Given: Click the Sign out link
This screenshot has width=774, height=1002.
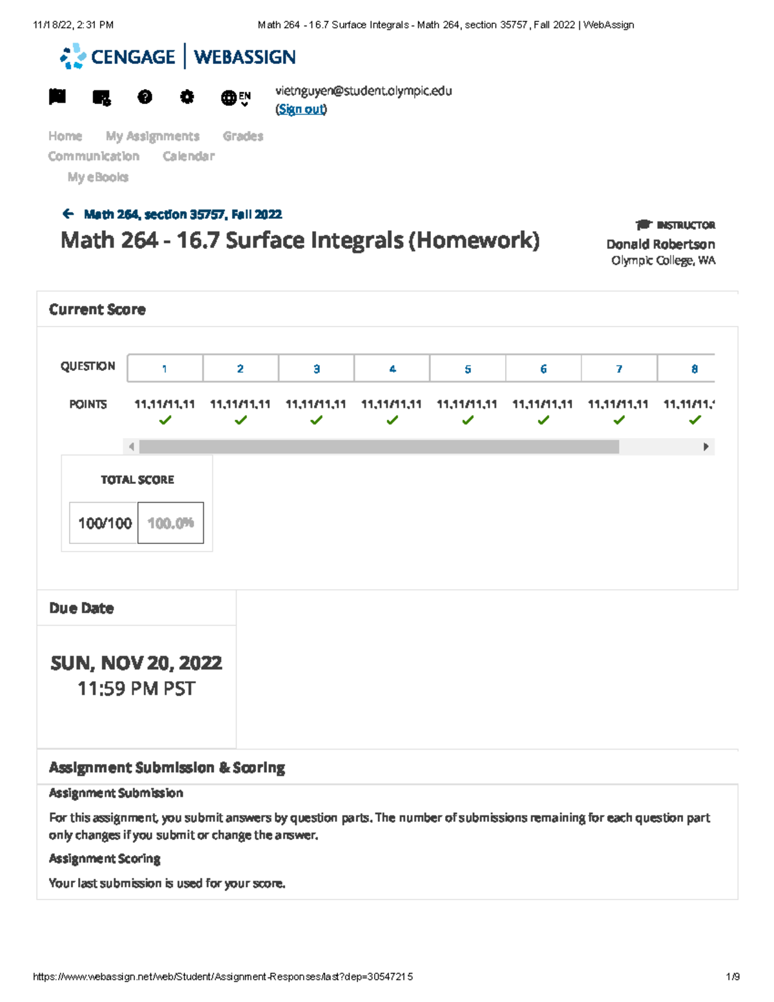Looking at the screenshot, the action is pyautogui.click(x=301, y=109).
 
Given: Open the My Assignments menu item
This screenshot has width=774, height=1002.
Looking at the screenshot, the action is pyautogui.click(x=152, y=136).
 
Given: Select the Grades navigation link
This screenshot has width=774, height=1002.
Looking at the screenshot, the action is pyautogui.click(x=243, y=136).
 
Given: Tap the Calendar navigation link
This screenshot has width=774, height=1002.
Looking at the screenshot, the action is pyautogui.click(x=188, y=156).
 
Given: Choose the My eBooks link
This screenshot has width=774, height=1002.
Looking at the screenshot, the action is pyautogui.click(x=98, y=177).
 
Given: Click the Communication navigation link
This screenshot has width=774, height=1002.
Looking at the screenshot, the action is pyautogui.click(x=94, y=156).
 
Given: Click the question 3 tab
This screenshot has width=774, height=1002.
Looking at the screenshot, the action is pyautogui.click(x=316, y=368).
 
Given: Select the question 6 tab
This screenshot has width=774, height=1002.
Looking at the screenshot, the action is pyautogui.click(x=543, y=368).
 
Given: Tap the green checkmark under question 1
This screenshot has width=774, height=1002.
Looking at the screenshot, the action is pyautogui.click(x=165, y=420).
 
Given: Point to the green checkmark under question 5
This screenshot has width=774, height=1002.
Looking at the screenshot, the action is pyautogui.click(x=468, y=420).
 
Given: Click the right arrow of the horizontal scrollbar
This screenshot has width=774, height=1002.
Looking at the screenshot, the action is pyautogui.click(x=706, y=446).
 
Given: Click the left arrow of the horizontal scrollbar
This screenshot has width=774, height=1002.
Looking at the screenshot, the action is pyautogui.click(x=132, y=446).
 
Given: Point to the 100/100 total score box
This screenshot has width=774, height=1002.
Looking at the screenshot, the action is pyautogui.click(x=104, y=523).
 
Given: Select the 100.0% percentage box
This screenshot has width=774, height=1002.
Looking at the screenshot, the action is pyautogui.click(x=171, y=523).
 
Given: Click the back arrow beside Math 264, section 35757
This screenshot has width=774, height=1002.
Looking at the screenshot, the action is pyautogui.click(x=68, y=214).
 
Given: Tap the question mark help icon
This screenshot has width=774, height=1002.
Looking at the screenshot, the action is pyautogui.click(x=145, y=97).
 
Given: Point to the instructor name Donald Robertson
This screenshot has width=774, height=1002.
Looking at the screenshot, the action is pyautogui.click(x=660, y=244).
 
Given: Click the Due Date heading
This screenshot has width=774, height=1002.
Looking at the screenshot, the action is pyautogui.click(x=81, y=608).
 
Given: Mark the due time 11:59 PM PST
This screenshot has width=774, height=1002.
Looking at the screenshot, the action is pyautogui.click(x=136, y=688).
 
